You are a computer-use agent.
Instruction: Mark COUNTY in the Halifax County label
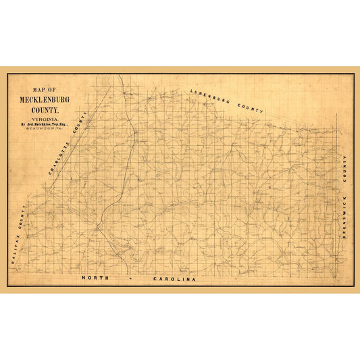(x=26, y=219)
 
